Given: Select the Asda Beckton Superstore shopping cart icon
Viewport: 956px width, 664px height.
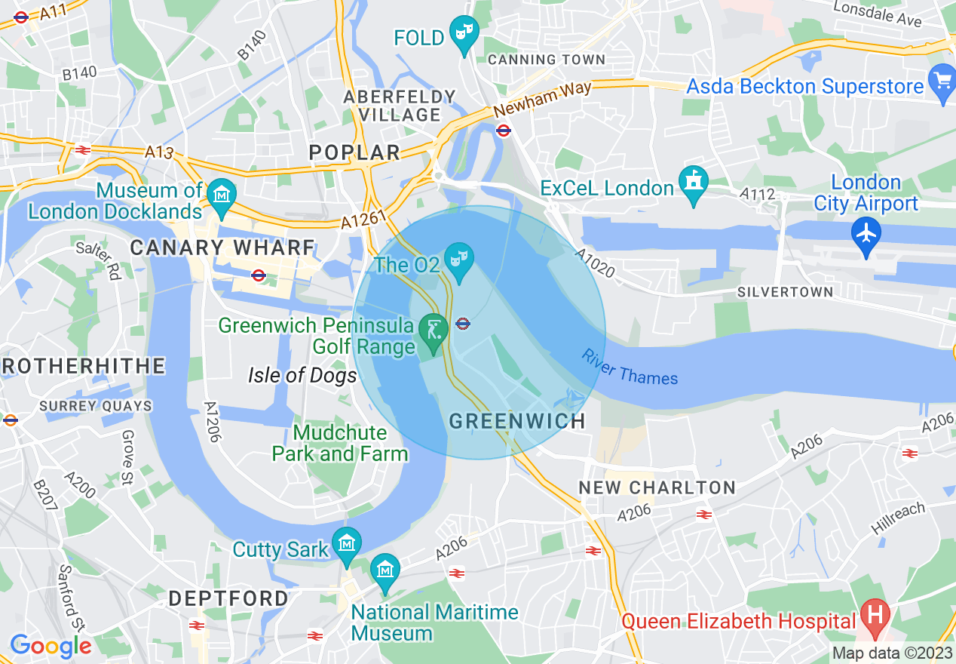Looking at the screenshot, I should [942, 80].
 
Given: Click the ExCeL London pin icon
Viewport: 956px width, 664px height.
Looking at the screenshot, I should [692, 182].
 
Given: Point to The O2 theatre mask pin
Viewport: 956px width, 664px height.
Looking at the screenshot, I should [458, 258].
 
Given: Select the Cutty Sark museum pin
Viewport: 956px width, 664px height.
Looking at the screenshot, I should [347, 543].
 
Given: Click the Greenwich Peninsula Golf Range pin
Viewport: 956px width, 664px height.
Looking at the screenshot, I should [433, 330].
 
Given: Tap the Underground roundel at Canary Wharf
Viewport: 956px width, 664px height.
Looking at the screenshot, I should [259, 275].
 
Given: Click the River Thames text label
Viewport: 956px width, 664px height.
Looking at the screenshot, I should [630, 367].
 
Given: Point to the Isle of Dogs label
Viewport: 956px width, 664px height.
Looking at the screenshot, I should [302, 375].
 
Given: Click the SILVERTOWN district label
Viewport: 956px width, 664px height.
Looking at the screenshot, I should [786, 292].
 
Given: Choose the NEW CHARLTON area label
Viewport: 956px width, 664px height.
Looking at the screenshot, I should [657, 487].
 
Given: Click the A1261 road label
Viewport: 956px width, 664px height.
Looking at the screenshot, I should [363, 219].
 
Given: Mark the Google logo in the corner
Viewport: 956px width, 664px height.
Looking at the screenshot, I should [51, 646].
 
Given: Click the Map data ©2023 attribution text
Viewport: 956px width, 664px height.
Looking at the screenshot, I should [892, 653].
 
